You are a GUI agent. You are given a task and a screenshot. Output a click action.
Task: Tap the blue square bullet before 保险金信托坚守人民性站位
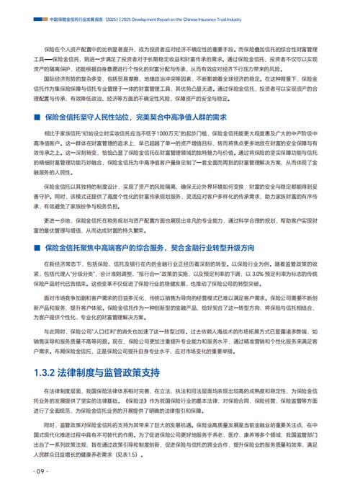pyautogui.click(x=36, y=117)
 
